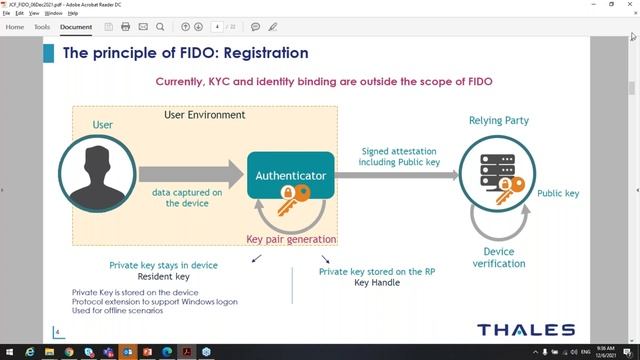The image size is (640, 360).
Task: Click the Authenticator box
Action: [x=290, y=176]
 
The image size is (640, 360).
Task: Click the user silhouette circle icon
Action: [x=96, y=176]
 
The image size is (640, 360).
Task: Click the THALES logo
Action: [x=525, y=330]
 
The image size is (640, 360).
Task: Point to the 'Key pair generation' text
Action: [x=291, y=240]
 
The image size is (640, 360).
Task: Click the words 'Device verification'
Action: [x=498, y=258]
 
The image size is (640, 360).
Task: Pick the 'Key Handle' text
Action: [x=377, y=283]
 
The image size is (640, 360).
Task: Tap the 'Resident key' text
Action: [x=163, y=277]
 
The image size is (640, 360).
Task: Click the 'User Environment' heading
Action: [x=204, y=115]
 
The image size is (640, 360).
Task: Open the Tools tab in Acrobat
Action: [x=42, y=27]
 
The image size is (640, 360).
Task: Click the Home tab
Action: [x=15, y=27]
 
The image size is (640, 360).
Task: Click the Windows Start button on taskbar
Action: [x=9, y=352]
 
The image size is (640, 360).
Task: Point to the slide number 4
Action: [x=57, y=332]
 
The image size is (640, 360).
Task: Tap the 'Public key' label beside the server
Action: [x=558, y=194]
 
